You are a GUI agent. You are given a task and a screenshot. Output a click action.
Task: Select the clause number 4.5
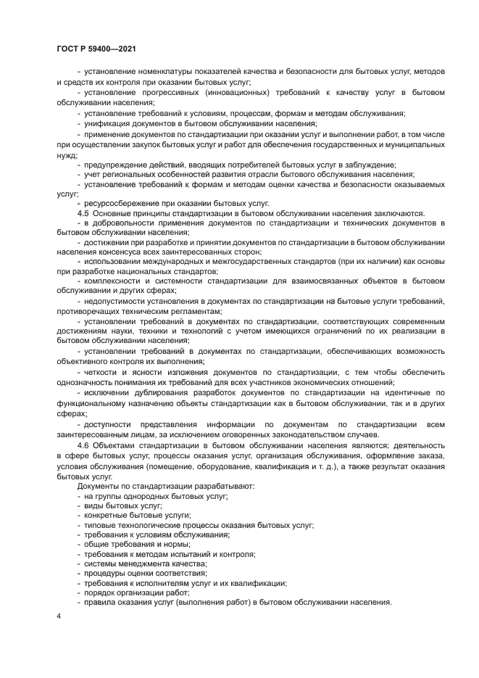coord(83,212)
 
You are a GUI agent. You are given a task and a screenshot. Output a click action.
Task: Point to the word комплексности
coord(114,279)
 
